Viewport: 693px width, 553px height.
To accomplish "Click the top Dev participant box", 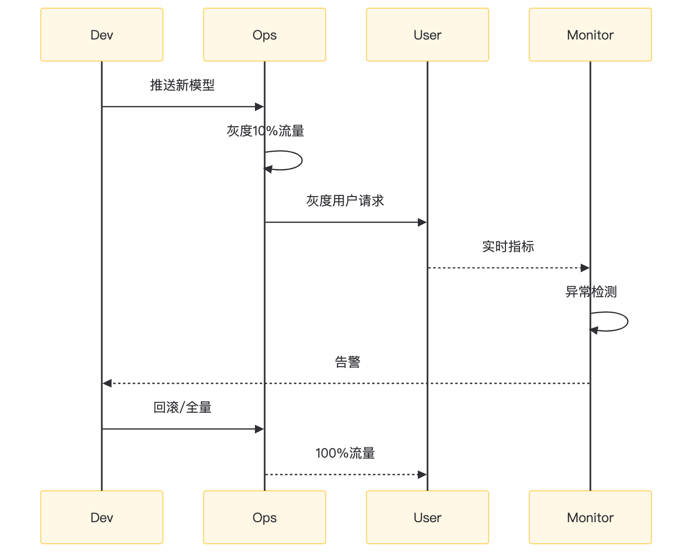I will (x=102, y=35).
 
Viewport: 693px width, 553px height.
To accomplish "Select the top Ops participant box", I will (x=265, y=35).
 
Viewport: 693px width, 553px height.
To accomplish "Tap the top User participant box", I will (x=427, y=35).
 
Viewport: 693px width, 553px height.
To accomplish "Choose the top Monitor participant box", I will (x=590, y=35).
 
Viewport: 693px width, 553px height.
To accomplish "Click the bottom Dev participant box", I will (x=102, y=517).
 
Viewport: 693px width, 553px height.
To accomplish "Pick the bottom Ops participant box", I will (x=265, y=517).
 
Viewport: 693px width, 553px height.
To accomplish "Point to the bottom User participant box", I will (x=427, y=517).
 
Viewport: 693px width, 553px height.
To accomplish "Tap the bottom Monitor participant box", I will (x=590, y=517).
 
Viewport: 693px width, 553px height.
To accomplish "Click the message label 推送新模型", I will (x=182, y=85).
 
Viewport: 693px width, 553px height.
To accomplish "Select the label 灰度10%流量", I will (x=265, y=131).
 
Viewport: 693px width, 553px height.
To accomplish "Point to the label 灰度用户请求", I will (x=345, y=201).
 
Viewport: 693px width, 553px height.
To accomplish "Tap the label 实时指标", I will (x=508, y=247).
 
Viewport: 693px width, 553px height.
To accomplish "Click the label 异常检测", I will (x=591, y=292).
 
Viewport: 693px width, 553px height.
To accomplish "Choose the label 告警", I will (x=347, y=362).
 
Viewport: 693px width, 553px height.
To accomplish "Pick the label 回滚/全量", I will (x=182, y=408).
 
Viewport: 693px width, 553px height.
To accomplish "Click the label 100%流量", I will (x=345, y=453).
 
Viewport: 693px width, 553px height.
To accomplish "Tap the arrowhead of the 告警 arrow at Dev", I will (x=107, y=383).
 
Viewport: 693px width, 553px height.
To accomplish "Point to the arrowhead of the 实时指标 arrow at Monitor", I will (x=585, y=268).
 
